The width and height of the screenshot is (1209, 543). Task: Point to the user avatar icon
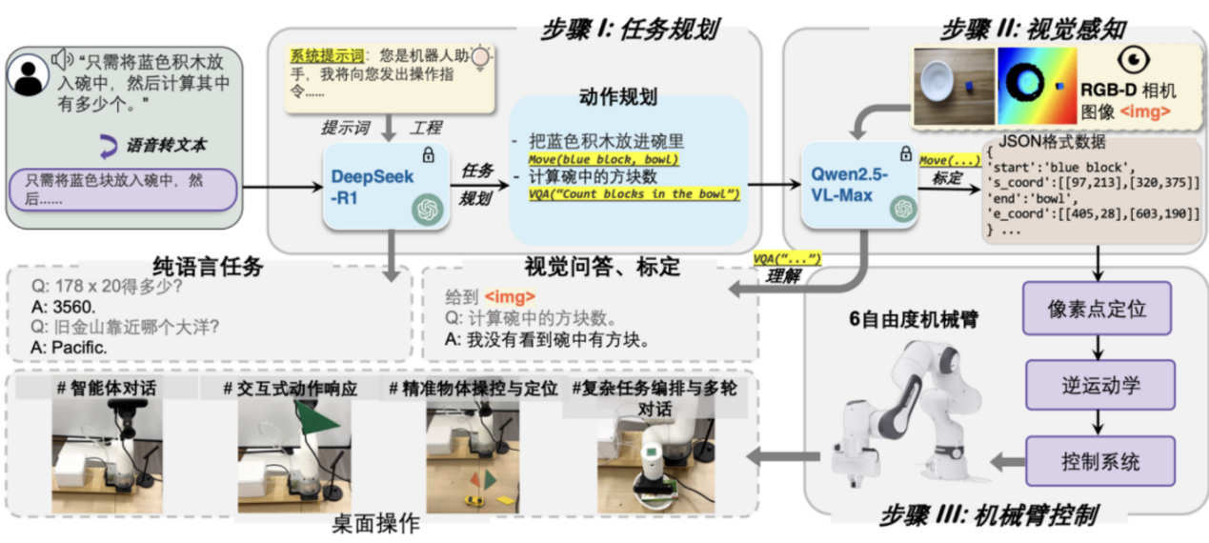coord(28,76)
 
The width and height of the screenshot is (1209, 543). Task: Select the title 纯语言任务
coord(207,268)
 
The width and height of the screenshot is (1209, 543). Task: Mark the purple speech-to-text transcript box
coord(122,190)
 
